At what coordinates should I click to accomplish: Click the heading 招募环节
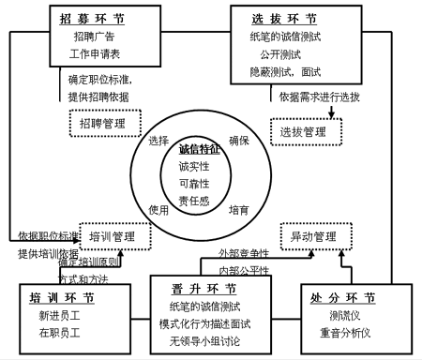[91, 18]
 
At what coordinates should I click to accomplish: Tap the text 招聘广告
[94, 37]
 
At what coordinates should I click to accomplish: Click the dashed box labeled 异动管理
[313, 235]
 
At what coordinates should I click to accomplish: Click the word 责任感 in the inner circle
[200, 201]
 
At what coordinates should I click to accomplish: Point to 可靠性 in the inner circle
[200, 183]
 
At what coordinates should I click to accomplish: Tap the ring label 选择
[158, 141]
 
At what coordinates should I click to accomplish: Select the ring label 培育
[239, 211]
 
